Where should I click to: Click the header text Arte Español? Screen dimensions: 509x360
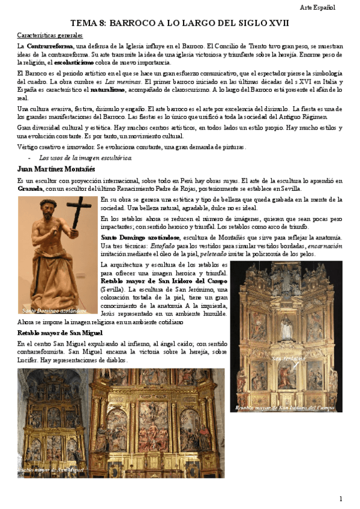(317, 7)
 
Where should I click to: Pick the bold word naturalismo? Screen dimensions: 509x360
(108, 89)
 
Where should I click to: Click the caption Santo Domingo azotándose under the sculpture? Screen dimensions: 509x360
(50, 311)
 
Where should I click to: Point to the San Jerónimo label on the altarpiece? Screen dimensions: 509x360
(285, 359)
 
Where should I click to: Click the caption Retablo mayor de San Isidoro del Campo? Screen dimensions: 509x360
(285, 408)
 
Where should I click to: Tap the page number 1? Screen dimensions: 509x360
(341, 499)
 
